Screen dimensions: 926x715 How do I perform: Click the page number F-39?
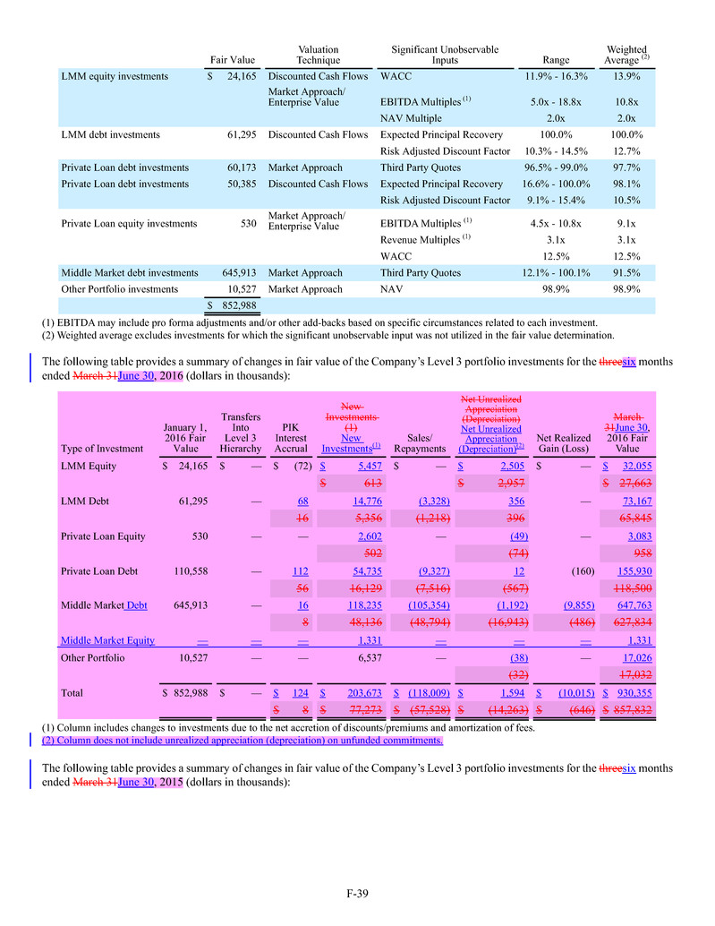pyautogui.click(x=358, y=893)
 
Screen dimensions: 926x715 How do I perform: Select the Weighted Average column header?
pyautogui.click(x=626, y=55)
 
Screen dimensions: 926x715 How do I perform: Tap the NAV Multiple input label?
pyautogui.click(x=411, y=118)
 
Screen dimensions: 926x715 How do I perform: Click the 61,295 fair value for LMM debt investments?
pyautogui.click(x=240, y=135)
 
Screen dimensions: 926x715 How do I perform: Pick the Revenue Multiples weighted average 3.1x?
pyautogui.click(x=626, y=240)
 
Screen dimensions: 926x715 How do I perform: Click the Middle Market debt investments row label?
pyautogui.click(x=129, y=273)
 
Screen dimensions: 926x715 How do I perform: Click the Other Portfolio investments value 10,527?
pyautogui.click(x=240, y=289)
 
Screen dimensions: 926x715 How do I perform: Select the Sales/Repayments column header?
pyautogui.click(x=420, y=443)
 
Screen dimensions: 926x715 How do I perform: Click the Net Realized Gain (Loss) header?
pyautogui.click(x=562, y=443)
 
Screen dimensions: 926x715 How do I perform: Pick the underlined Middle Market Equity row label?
pyautogui.click(x=107, y=640)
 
